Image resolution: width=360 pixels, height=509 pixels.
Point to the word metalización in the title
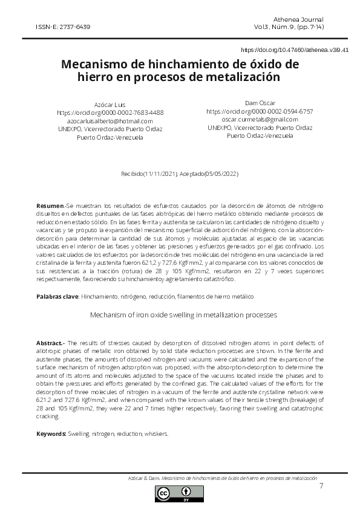click(x=244, y=77)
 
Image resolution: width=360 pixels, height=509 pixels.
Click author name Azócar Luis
click(x=110, y=105)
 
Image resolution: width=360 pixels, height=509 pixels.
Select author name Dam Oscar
click(x=260, y=103)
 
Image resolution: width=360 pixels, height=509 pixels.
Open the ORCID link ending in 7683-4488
click(x=110, y=112)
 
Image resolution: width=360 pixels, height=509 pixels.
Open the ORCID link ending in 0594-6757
click(x=260, y=112)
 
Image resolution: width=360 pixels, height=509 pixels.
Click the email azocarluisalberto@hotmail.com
click(x=110, y=121)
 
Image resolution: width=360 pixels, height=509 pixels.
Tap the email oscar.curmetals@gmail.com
click(x=260, y=120)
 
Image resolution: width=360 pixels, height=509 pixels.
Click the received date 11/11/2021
click(x=160, y=174)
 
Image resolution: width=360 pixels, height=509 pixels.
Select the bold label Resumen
click(x=50, y=207)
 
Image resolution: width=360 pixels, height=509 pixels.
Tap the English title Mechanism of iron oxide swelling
click(x=183, y=315)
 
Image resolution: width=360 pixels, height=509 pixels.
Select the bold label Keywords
click(x=51, y=434)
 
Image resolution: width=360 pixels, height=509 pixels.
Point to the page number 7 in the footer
click(x=321, y=485)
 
